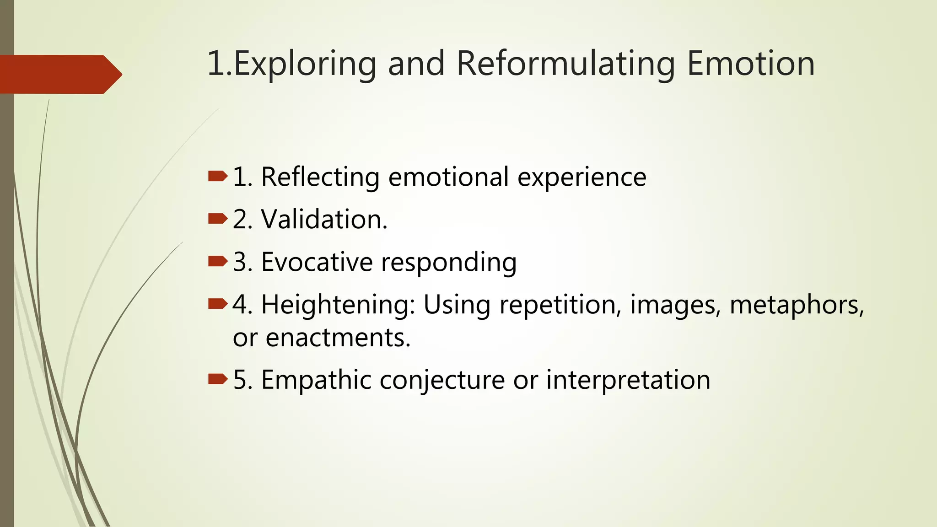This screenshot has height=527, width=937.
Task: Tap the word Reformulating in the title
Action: (x=565, y=64)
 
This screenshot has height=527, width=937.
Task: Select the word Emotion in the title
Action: (x=751, y=64)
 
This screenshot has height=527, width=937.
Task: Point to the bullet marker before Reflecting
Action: (x=217, y=177)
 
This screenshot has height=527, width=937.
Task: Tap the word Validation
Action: (x=324, y=219)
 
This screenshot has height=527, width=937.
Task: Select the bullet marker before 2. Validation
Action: (x=217, y=219)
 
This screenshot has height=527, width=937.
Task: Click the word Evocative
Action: (x=317, y=262)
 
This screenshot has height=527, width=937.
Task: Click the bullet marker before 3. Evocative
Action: (x=217, y=262)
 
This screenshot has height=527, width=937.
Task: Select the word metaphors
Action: (x=797, y=305)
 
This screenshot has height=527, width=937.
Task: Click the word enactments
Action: (x=338, y=338)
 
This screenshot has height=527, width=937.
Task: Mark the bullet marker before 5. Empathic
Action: (x=217, y=379)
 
